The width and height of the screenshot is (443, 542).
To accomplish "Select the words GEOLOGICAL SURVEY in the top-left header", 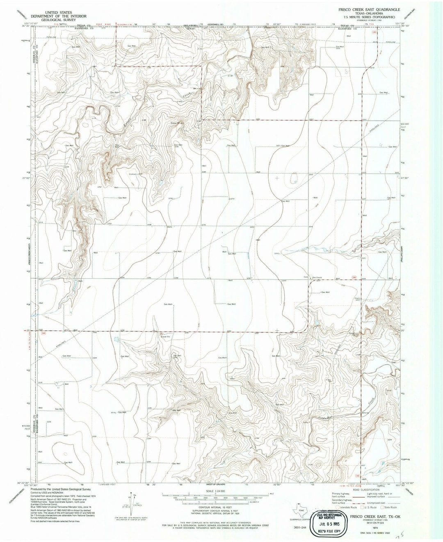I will coord(61,19).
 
